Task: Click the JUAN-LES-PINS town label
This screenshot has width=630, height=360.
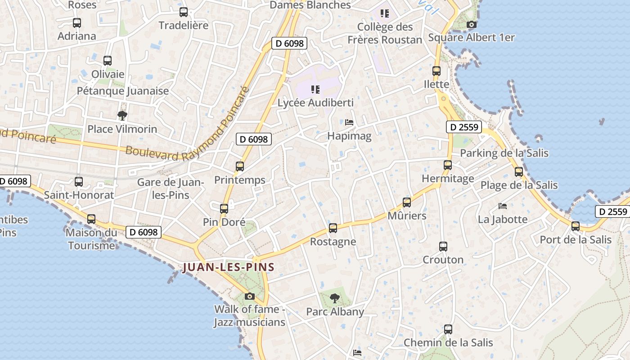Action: pyautogui.click(x=229, y=267)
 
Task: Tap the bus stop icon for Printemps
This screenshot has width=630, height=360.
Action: pyautogui.click(x=240, y=166)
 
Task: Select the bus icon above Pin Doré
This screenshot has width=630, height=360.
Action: pyautogui.click(x=224, y=208)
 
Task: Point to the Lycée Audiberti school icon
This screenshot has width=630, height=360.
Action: pyautogui.click(x=315, y=90)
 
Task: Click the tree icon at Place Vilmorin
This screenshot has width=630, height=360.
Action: pyautogui.click(x=122, y=116)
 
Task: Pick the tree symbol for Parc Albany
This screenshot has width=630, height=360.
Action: pyautogui.click(x=334, y=298)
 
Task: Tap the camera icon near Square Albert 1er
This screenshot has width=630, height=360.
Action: pyautogui.click(x=471, y=24)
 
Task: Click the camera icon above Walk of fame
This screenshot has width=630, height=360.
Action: pyautogui.click(x=249, y=296)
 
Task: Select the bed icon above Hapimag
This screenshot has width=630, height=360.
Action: pyautogui.click(x=349, y=122)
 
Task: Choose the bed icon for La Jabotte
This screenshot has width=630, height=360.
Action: pyautogui.click(x=503, y=206)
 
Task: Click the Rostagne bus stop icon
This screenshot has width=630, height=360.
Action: pyautogui.click(x=333, y=228)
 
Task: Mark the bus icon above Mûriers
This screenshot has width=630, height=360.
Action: pyautogui.click(x=407, y=202)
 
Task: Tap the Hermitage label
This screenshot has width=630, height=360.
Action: pyautogui.click(x=448, y=179)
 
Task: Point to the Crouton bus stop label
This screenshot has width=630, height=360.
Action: pyautogui.click(x=443, y=260)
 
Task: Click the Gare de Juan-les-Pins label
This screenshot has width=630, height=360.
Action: pyautogui.click(x=170, y=189)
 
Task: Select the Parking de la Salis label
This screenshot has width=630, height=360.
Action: pyautogui.click(x=504, y=153)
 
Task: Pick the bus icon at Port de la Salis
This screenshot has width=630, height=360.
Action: pyautogui.click(x=576, y=226)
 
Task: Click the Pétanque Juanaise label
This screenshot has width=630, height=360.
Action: pyautogui.click(x=123, y=91)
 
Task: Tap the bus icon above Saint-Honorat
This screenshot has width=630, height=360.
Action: pyautogui.click(x=79, y=182)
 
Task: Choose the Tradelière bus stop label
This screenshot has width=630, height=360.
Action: pyautogui.click(x=184, y=25)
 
